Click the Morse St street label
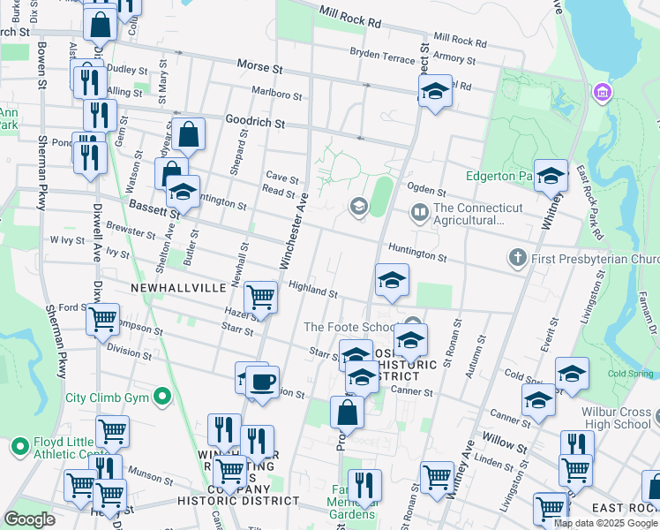point(259,67)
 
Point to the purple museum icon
point(604,92)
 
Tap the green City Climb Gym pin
point(161,397)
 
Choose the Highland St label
point(313,291)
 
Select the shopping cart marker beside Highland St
point(261,298)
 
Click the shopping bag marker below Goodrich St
point(189,135)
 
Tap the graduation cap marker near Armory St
point(435,92)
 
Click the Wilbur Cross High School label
point(616,418)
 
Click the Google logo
point(30,519)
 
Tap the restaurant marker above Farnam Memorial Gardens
point(364,485)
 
